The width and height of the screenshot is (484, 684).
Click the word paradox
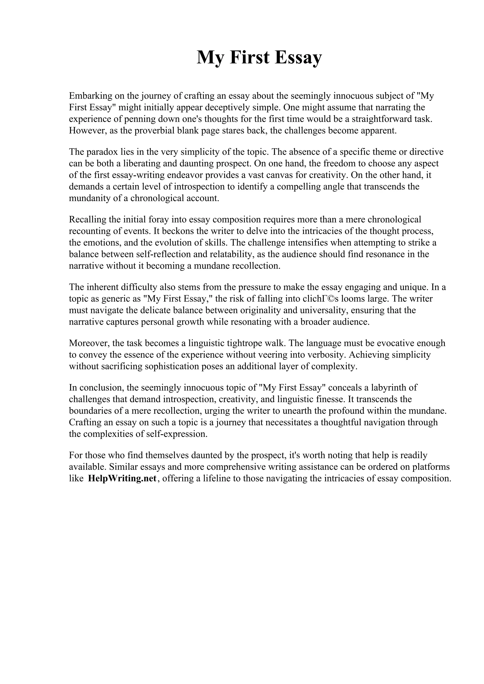(102, 152)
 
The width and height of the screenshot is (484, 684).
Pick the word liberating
(145, 164)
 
